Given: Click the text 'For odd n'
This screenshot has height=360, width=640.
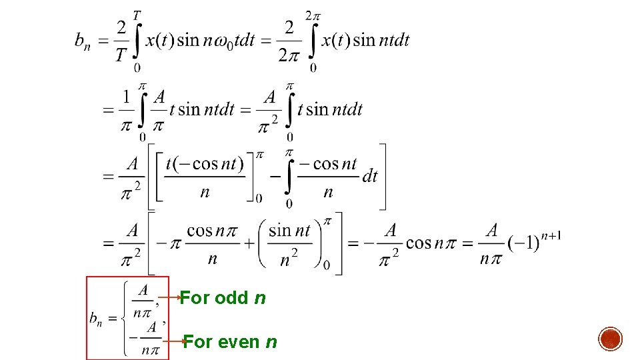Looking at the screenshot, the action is (223, 298).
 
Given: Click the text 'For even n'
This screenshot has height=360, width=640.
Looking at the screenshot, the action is (230, 342).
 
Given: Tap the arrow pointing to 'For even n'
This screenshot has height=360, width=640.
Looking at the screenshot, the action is (175, 341).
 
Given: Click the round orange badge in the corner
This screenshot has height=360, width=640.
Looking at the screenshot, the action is (611, 339).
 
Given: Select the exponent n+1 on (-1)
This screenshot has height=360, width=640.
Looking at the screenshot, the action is (552, 235).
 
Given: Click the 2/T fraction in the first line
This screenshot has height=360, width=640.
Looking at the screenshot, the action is (121, 41).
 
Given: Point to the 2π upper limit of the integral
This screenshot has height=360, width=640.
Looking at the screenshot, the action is (313, 15).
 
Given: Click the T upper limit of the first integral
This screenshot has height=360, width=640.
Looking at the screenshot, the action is (137, 15).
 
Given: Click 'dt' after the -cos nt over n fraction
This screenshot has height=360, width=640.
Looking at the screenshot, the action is (369, 175).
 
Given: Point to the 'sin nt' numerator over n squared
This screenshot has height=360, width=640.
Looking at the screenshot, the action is (289, 231).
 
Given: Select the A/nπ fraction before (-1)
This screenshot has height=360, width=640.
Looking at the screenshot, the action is (491, 244).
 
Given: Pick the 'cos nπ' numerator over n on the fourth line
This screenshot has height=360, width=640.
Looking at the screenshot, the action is (212, 231).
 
